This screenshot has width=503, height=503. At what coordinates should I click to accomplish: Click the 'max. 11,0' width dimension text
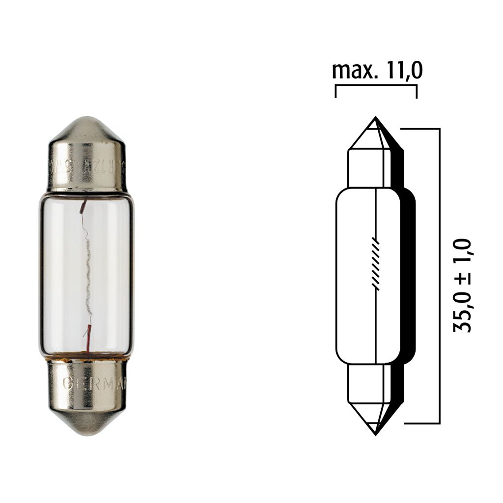377,71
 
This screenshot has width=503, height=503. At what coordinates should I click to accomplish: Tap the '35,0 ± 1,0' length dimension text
462,286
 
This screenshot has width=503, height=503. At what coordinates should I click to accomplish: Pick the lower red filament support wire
89,338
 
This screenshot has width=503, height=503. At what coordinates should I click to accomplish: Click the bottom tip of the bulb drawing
375,434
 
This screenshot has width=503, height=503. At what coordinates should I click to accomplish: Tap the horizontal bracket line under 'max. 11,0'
376,85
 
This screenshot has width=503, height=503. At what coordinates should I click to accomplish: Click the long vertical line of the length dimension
439,275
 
